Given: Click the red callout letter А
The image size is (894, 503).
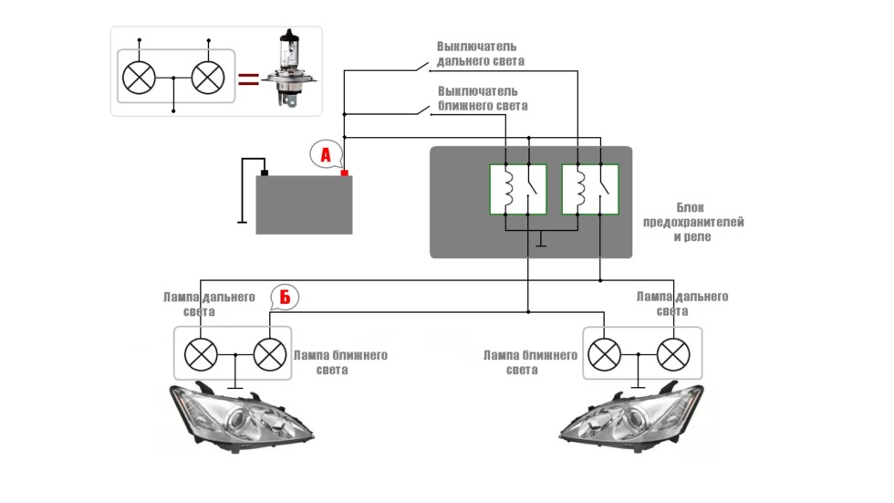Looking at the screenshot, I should (x=325, y=155).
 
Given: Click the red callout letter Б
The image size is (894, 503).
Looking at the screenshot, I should (x=285, y=298).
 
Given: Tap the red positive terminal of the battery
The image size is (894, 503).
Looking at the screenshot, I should (x=344, y=172).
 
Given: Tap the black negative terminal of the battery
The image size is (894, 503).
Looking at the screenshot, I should (x=265, y=172).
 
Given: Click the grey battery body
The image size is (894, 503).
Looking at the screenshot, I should (x=304, y=204).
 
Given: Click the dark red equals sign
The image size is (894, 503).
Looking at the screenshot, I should (x=247, y=79).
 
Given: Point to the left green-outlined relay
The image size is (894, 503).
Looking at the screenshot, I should (x=517, y=189).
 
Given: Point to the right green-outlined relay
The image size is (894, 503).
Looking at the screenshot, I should (x=590, y=189).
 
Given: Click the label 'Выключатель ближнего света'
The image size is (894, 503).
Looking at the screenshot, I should (x=482, y=99).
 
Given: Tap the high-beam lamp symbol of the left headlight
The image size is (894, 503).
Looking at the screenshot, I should (x=201, y=353).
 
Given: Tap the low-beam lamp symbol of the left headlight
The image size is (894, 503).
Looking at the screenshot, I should (x=269, y=353).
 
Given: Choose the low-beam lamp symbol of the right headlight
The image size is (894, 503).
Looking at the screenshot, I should (x=603, y=353).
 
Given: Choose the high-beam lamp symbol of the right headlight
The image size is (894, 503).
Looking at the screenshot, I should (x=673, y=353).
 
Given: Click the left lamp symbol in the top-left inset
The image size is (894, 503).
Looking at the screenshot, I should (x=139, y=78).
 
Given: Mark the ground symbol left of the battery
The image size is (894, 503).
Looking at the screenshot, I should (x=242, y=220).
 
